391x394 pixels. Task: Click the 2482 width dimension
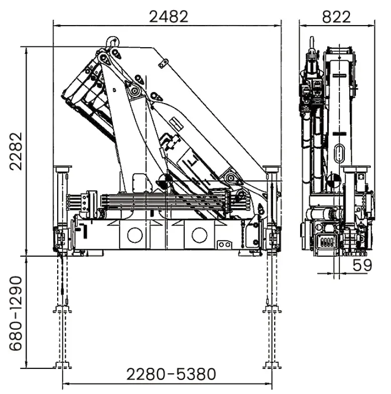point(169,16)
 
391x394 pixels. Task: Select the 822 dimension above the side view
point(336,16)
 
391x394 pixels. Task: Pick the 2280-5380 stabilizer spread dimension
point(171,374)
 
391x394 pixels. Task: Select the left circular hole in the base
point(134,234)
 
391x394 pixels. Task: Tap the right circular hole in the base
point(199,234)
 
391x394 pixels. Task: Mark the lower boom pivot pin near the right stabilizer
point(231,176)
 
